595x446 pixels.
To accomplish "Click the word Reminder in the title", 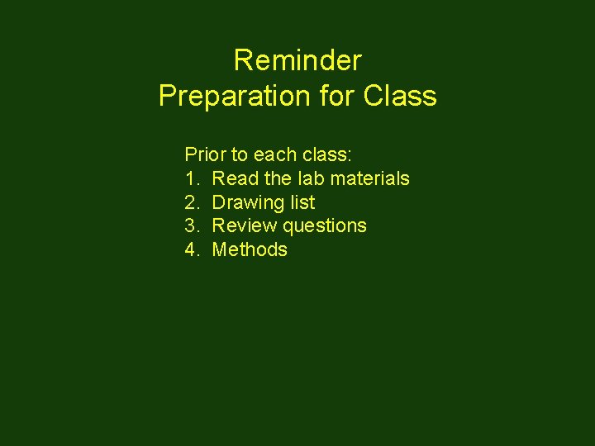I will tap(297, 60).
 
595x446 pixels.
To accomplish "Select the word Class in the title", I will tap(400, 96).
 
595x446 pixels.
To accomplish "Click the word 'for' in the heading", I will tap(337, 96).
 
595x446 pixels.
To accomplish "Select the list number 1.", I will tap(192, 178).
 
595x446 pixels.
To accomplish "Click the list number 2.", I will tap(192, 202).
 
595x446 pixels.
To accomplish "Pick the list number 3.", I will tap(192, 225).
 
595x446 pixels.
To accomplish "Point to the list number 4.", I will tap(192, 249).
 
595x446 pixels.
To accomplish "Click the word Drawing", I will tap(249, 202).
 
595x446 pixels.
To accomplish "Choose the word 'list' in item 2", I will tap(302, 202).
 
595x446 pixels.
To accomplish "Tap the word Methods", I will tap(250, 249).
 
